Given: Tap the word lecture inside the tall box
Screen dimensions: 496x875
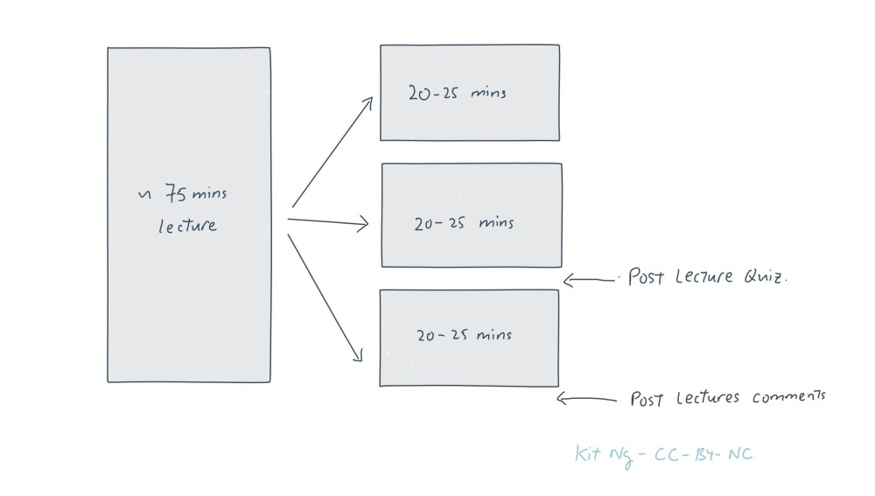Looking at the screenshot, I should [187, 226].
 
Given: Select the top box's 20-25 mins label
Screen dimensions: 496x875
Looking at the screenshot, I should [457, 92].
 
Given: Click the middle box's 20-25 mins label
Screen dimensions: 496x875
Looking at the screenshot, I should [464, 223].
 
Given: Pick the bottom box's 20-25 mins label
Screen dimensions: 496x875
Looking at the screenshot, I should [463, 334].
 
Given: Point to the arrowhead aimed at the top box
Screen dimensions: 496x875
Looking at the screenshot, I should [368, 101].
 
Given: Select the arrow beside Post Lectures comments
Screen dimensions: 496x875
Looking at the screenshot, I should [586, 400].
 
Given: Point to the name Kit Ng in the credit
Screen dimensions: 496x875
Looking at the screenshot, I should [603, 454].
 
